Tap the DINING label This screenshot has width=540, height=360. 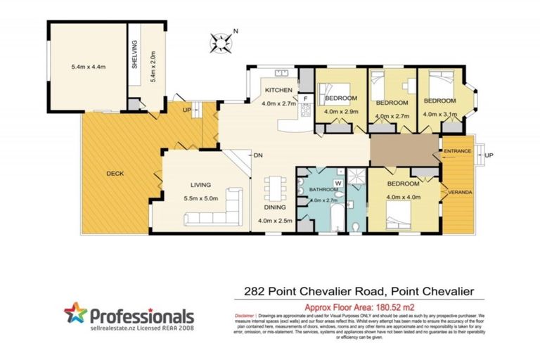(273, 208)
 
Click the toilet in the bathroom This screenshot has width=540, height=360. (356, 225)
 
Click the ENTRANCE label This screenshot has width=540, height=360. (457, 151)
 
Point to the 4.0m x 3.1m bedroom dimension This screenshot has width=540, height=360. (439, 115)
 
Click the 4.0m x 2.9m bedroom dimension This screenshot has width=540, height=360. (341, 111)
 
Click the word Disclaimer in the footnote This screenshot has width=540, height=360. (245, 318)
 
